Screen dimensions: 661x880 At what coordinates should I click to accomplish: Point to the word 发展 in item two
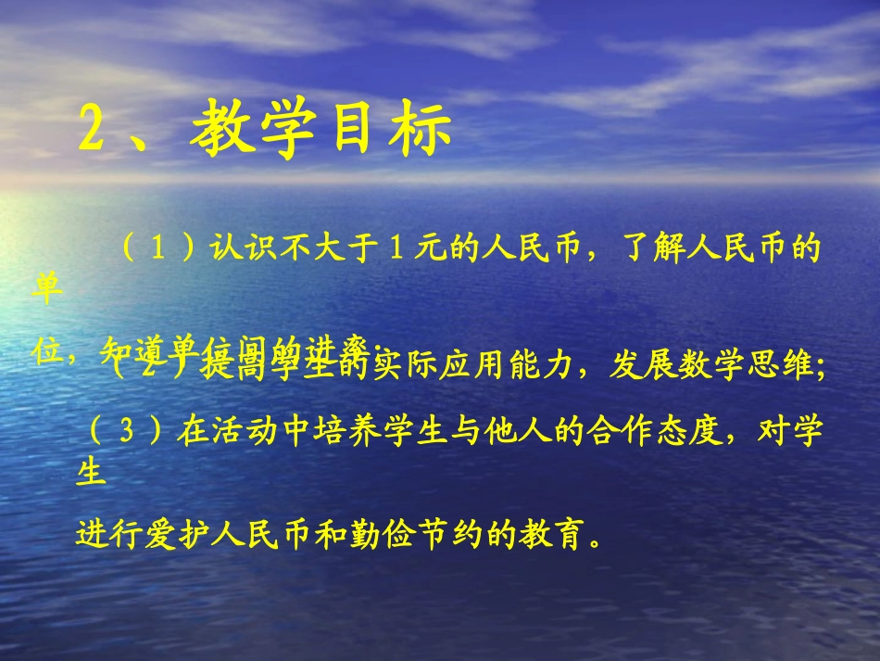click(633, 367)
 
